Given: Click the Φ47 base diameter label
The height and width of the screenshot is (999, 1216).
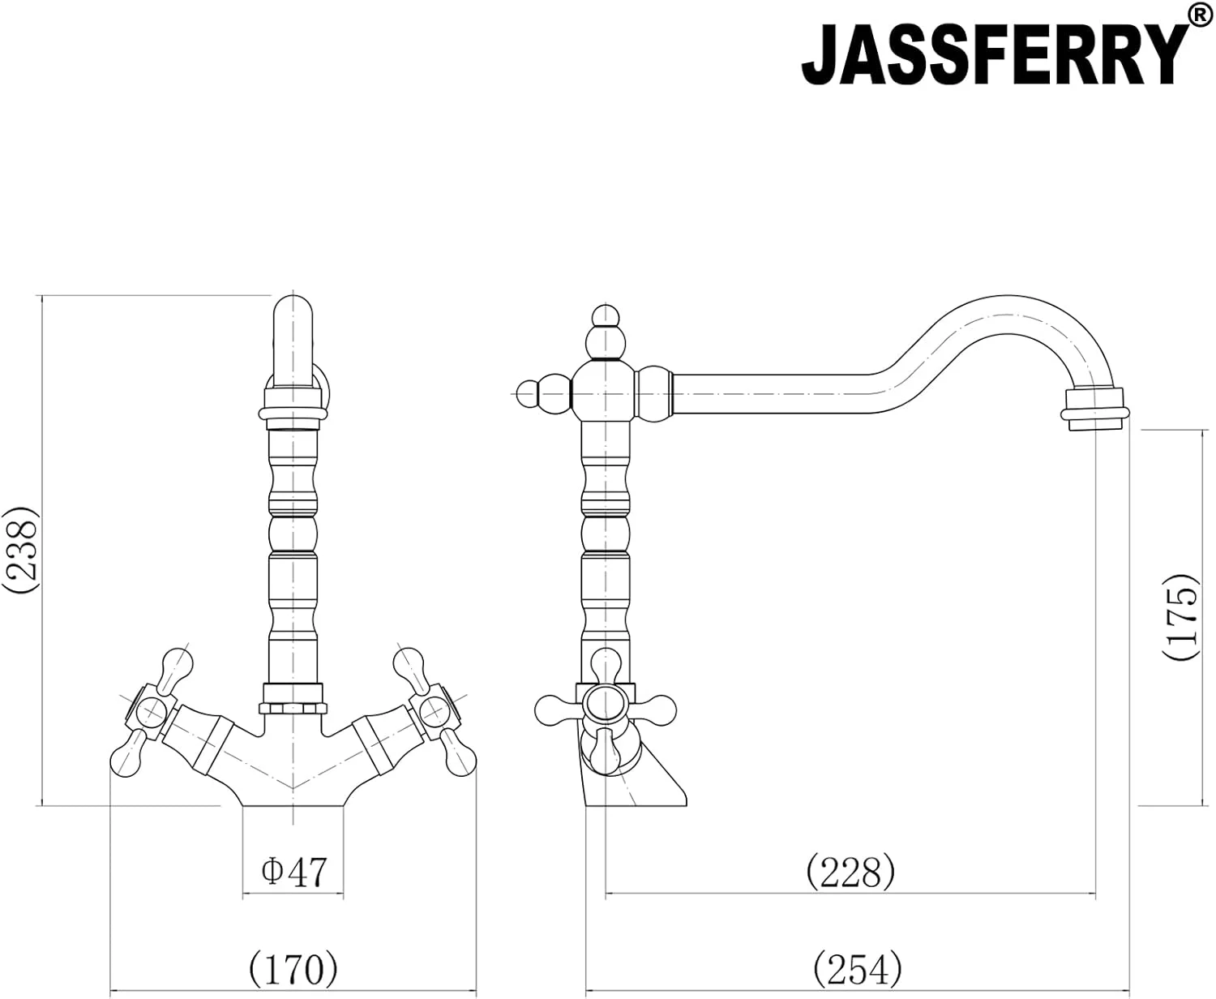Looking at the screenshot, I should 293,872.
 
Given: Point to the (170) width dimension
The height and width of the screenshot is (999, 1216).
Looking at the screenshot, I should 293,967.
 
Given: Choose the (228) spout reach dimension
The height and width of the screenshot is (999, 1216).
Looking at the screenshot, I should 850,873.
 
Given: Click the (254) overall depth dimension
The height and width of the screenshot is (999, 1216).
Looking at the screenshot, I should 857,967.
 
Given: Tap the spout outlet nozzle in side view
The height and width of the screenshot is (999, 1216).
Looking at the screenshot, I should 1094,408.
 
